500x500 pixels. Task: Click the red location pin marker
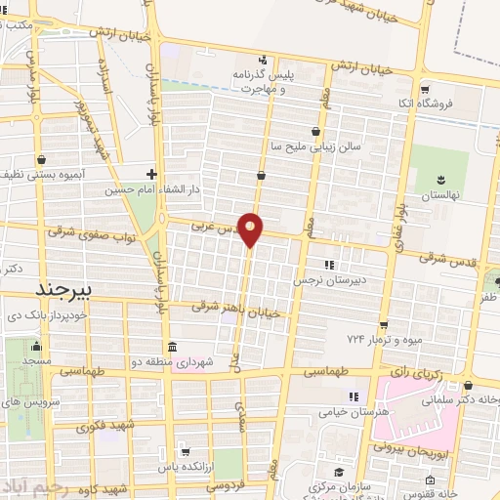click(x=251, y=229)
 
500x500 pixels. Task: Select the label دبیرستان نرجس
click(x=328, y=278)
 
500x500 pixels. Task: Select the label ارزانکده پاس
click(x=210, y=469)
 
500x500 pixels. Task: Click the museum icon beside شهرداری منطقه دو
click(x=173, y=349)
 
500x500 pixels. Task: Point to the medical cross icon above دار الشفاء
click(x=150, y=174)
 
